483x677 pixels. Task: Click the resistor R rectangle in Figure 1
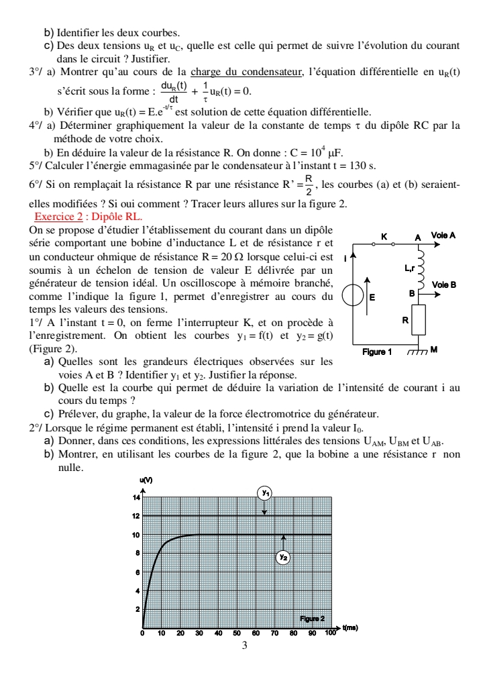click(x=419, y=321)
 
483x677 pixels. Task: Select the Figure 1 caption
click(x=376, y=351)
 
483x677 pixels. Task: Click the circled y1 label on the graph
click(x=265, y=493)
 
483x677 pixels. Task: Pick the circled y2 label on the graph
click(x=284, y=556)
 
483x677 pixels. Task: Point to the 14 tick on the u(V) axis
click(x=136, y=498)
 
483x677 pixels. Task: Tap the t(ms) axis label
click(x=351, y=628)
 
